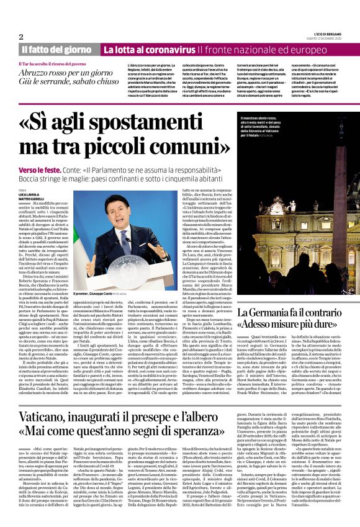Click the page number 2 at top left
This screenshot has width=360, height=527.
(21, 37)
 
